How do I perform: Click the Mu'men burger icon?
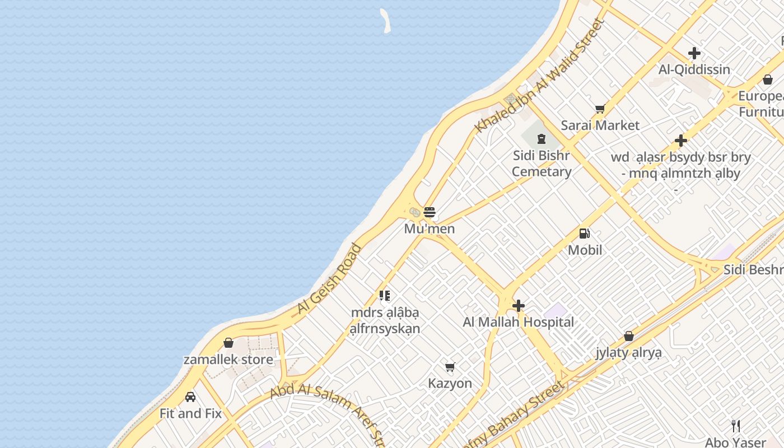[x=430, y=212]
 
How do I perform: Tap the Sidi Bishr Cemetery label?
[x=542, y=164]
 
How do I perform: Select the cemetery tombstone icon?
[x=542, y=138]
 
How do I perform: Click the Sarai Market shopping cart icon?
[x=600, y=109]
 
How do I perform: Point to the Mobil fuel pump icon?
[x=584, y=234]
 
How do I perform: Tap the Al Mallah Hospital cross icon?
[x=519, y=306]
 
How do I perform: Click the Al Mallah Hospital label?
[x=519, y=322]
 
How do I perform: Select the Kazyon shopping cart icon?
[x=450, y=367]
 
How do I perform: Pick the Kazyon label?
[x=450, y=384]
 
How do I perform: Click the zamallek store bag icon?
[x=228, y=343]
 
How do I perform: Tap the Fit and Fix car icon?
[x=190, y=397]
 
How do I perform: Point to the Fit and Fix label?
[x=190, y=414]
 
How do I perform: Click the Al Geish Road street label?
[x=329, y=279]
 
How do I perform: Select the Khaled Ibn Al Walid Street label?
[x=539, y=77]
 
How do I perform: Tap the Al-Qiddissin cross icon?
[x=694, y=53]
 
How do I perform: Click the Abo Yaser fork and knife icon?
[x=736, y=426]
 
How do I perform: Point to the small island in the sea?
[x=385, y=20]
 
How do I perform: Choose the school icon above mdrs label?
[x=384, y=295]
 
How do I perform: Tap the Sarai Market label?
[x=600, y=125]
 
